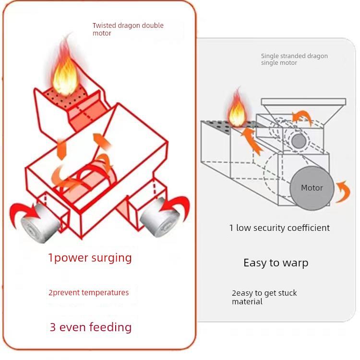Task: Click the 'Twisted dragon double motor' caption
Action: click(x=128, y=29)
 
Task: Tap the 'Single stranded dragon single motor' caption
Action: click(x=294, y=59)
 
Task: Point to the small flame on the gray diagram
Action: click(x=238, y=108)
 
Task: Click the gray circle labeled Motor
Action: click(x=312, y=188)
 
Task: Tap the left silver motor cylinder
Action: click(x=40, y=222)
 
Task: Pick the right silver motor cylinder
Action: click(x=160, y=217)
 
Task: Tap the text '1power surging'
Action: click(x=90, y=258)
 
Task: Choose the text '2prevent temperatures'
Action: click(x=89, y=293)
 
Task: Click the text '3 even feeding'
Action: click(x=91, y=327)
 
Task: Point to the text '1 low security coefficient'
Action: click(x=279, y=228)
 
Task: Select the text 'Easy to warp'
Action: click(x=276, y=263)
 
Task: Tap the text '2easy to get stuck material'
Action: click(x=264, y=297)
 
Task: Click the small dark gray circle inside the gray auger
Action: click(x=299, y=141)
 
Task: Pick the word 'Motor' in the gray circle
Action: click(x=312, y=188)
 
